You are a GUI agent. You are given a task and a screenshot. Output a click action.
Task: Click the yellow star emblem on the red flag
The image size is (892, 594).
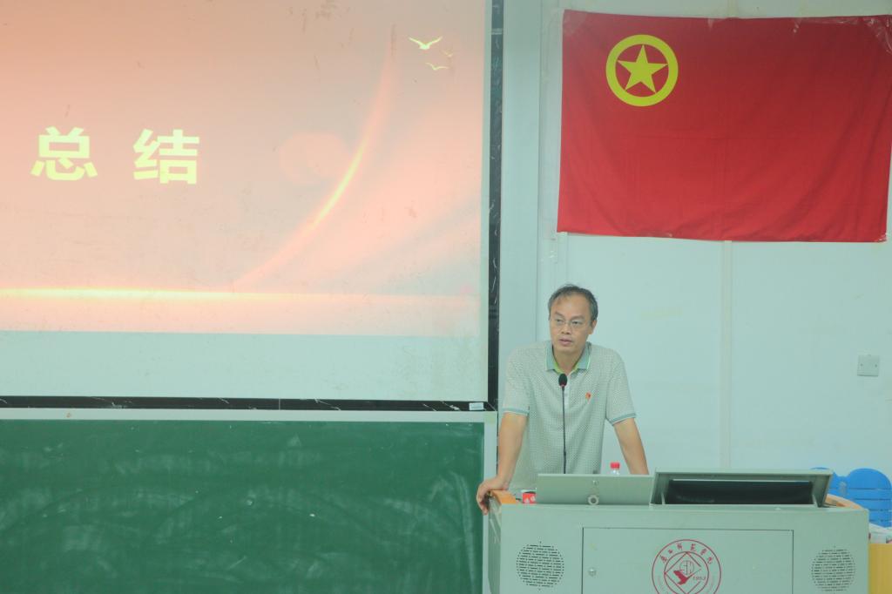tap(642, 71)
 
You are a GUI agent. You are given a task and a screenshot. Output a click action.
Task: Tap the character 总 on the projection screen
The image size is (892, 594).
tap(64, 154)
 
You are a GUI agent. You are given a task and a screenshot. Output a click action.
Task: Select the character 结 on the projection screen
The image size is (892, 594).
tap(166, 156)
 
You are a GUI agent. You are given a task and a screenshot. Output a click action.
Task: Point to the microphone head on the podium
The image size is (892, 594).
tap(563, 380)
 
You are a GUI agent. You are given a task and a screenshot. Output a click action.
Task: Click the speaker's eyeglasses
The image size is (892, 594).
tap(570, 321)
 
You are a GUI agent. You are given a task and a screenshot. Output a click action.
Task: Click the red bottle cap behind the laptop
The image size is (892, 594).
tap(615, 465)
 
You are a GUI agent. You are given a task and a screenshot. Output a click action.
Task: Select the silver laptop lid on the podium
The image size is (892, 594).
tap(594, 489)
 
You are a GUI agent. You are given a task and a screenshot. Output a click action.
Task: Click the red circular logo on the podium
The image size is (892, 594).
tap(686, 567)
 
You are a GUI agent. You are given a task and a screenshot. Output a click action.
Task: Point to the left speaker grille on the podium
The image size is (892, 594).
tap(539, 565)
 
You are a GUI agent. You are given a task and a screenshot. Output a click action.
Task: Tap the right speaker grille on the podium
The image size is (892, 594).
tap(833, 570)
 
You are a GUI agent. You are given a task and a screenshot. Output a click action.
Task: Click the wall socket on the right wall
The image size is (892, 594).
tap(868, 365)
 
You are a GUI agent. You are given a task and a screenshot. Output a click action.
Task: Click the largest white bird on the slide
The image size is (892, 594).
tap(426, 42)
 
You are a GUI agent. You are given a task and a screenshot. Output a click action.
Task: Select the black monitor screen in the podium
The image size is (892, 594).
tap(739, 491)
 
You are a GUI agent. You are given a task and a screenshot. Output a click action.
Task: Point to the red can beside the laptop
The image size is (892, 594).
tap(528, 496)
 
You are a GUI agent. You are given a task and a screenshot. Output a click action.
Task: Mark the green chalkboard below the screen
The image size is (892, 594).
tap(240, 505)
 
